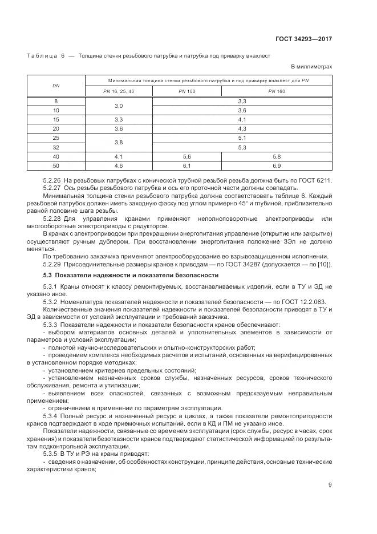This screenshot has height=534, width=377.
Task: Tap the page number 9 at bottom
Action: click(x=330, y=486)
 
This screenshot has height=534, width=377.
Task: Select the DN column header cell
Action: click(x=56, y=86)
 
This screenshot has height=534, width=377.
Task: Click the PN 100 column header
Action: click(x=187, y=91)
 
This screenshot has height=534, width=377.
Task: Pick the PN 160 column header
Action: click(x=277, y=91)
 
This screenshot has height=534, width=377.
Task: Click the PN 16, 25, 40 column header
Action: click(x=119, y=91)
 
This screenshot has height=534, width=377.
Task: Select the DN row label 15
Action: click(x=56, y=119)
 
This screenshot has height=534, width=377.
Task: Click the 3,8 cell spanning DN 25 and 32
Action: click(x=119, y=142)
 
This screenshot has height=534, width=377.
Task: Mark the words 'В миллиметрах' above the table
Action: click(x=312, y=67)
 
